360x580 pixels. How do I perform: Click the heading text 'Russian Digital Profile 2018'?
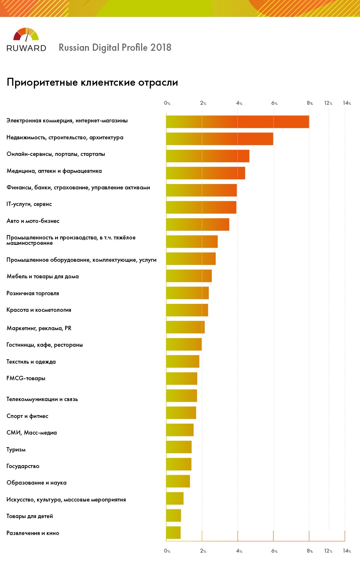point(115,48)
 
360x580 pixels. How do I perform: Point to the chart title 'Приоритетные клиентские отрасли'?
point(92,82)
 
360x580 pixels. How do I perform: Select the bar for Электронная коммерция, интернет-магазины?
point(237,122)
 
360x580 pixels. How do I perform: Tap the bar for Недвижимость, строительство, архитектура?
point(219,139)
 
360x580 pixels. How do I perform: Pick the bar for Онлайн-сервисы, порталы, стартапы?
point(207,156)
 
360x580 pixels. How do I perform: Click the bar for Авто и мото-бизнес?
point(197,224)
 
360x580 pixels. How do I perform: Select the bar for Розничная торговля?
point(187,293)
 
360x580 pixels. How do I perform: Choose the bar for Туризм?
point(179,447)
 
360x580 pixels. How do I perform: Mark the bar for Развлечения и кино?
point(173,532)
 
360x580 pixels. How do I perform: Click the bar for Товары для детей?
point(173,516)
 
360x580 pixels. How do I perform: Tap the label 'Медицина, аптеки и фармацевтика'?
point(54,171)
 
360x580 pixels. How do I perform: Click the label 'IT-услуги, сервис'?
point(29,204)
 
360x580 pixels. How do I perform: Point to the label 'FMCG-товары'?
point(26,378)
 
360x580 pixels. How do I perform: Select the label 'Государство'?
point(23,466)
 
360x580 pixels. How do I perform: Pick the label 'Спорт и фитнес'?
point(27,416)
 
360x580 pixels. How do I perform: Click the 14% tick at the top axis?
point(347,103)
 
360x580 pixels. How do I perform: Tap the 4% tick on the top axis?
point(239,103)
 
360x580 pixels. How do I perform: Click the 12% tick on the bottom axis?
point(328,551)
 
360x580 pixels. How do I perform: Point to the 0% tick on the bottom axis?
point(167,551)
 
